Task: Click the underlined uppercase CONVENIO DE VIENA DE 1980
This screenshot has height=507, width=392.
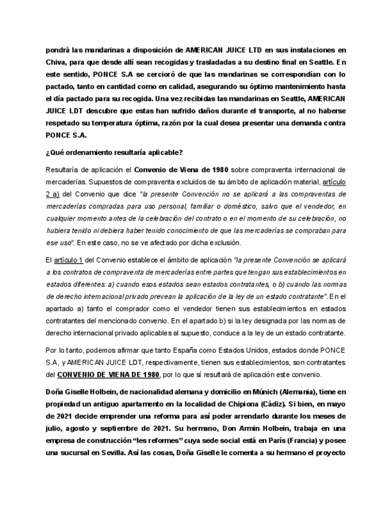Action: tap(108, 375)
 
